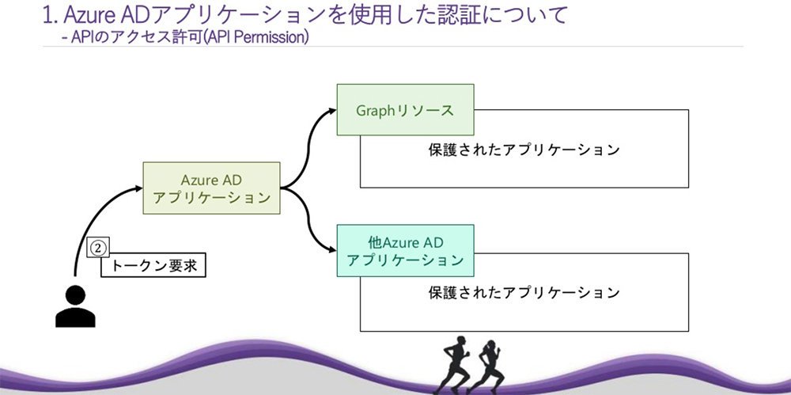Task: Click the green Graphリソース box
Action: (405, 109)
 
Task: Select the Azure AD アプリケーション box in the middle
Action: (211, 188)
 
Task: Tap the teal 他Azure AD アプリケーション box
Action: (405, 251)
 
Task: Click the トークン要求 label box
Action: (153, 265)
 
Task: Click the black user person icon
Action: (75, 306)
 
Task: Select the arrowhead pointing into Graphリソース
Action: (332, 109)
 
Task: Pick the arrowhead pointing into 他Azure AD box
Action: (332, 250)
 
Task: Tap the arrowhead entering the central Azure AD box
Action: (138, 188)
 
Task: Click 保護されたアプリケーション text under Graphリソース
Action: (524, 150)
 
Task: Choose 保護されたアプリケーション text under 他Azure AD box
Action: (524, 293)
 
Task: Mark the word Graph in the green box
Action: (375, 111)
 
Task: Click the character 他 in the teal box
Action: (376, 242)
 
